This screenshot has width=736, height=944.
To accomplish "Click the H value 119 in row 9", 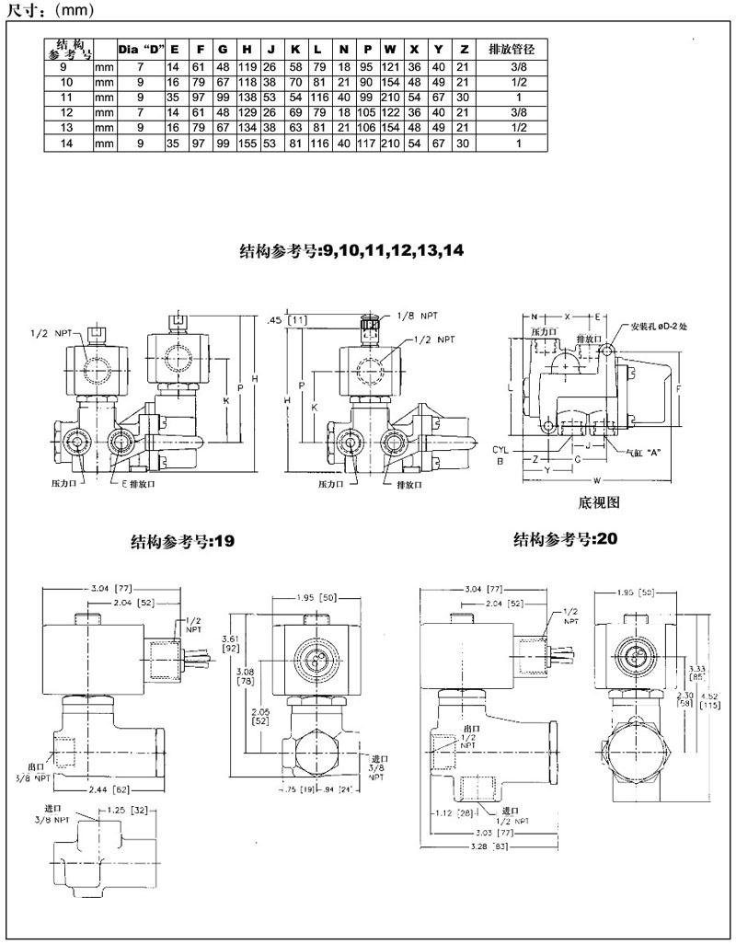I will coord(247,67).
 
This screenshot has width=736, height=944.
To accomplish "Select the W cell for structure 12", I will coord(390,111).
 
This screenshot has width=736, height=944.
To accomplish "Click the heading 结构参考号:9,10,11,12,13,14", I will coord(353,250).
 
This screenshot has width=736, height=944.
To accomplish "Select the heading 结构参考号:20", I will coord(564,539).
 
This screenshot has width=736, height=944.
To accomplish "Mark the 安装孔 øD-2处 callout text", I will coord(667,327).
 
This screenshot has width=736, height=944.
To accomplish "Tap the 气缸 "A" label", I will coord(644,453).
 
